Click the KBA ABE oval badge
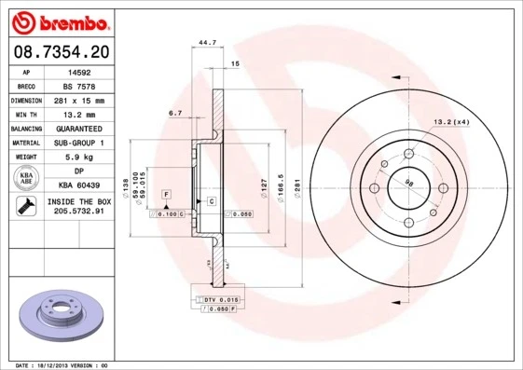27,178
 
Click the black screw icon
26,207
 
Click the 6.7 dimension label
174,113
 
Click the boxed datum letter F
165,193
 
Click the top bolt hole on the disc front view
407,153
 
